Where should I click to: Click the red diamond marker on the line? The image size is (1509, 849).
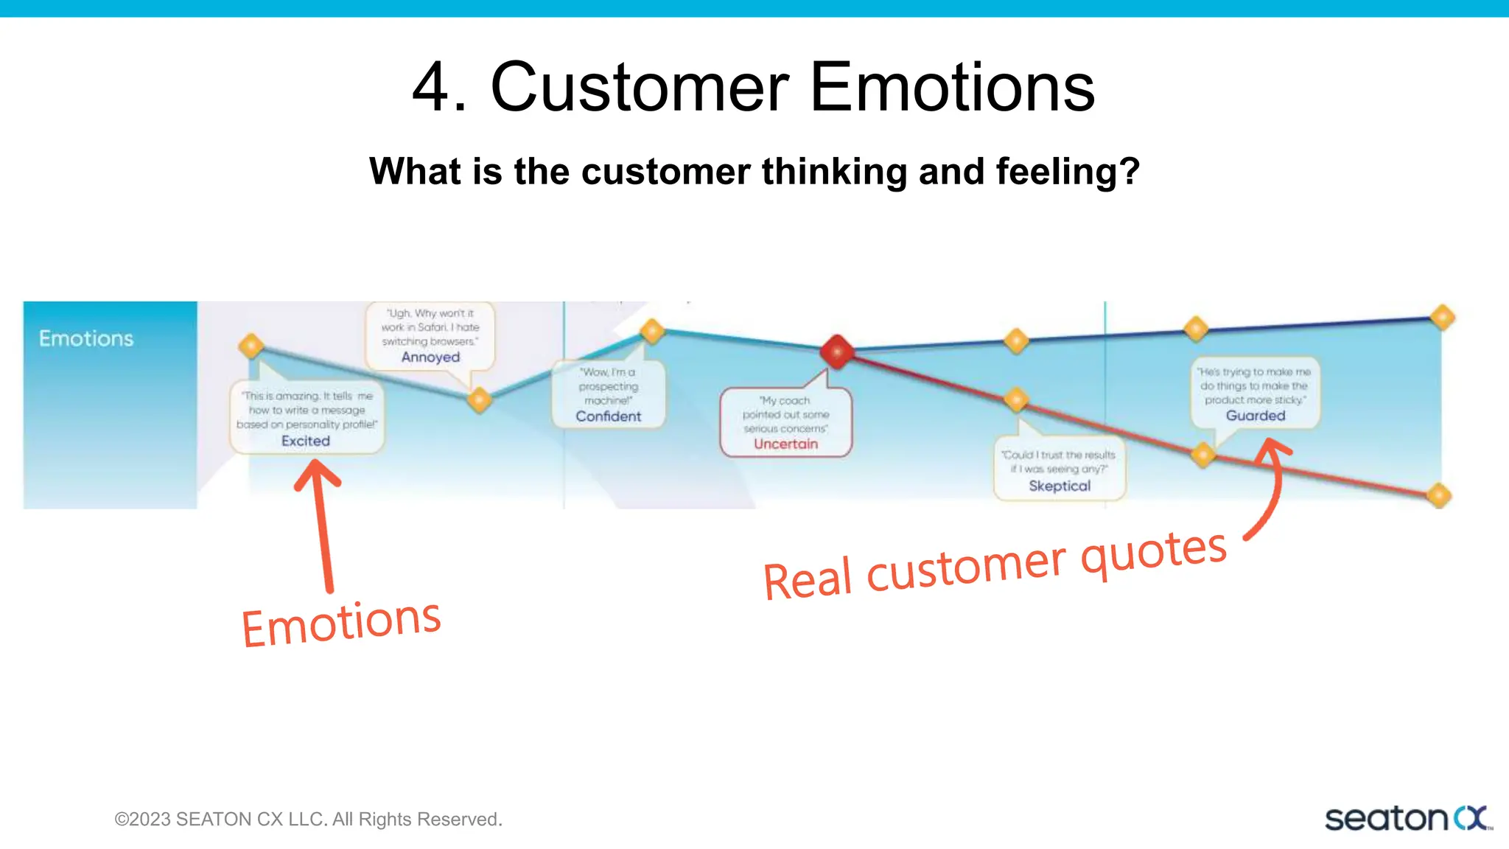click(837, 352)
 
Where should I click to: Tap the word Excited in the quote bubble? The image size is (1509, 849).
click(305, 441)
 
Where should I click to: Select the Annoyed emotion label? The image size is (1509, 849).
click(430, 357)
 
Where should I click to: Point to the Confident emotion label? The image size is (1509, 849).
click(608, 416)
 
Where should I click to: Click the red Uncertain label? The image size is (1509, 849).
click(785, 444)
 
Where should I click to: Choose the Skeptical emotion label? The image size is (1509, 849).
click(1059, 486)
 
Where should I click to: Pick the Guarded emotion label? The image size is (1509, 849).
click(1255, 416)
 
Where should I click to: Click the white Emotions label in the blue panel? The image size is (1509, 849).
click(86, 339)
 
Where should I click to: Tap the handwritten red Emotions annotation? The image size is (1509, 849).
click(341, 623)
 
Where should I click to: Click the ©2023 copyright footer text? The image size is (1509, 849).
click(308, 820)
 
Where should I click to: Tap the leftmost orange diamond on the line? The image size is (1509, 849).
click(251, 345)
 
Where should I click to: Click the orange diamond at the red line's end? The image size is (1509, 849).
click(1438, 495)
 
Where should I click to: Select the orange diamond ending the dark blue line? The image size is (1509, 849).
click(1442, 318)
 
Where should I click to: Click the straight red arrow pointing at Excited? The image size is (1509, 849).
click(321, 523)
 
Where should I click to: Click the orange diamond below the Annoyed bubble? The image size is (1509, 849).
click(480, 399)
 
